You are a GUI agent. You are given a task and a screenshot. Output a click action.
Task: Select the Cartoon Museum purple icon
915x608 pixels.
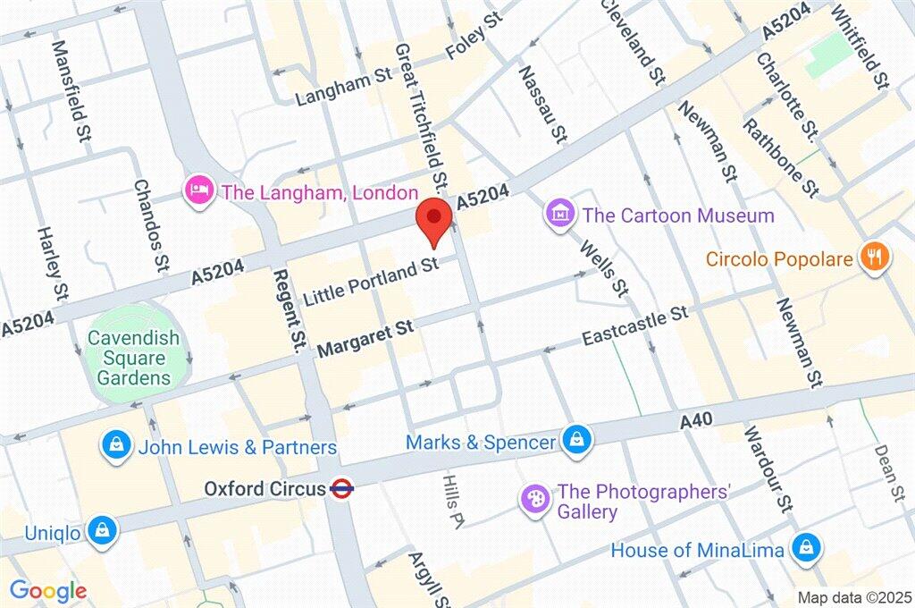tap(560, 215)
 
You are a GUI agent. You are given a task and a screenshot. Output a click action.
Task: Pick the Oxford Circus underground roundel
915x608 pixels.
tap(340, 489)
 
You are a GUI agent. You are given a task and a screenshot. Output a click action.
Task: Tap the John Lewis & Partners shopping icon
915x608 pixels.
tap(116, 445)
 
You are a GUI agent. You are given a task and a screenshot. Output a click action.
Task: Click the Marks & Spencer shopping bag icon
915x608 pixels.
tap(574, 440)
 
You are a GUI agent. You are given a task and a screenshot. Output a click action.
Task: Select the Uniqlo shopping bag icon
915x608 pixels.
tap(103, 531)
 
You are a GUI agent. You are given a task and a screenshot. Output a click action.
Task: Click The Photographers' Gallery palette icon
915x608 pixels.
tap(534, 500)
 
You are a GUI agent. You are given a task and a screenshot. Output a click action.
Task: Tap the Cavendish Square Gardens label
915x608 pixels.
tap(133, 358)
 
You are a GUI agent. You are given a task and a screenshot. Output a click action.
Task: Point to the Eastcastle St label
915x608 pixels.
tap(634, 326)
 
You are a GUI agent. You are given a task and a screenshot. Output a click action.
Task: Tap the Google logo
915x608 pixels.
tap(47, 590)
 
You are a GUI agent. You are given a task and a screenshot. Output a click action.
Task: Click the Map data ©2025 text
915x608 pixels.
tap(853, 596)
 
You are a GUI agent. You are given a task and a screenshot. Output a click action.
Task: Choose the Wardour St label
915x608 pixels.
tap(768, 469)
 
